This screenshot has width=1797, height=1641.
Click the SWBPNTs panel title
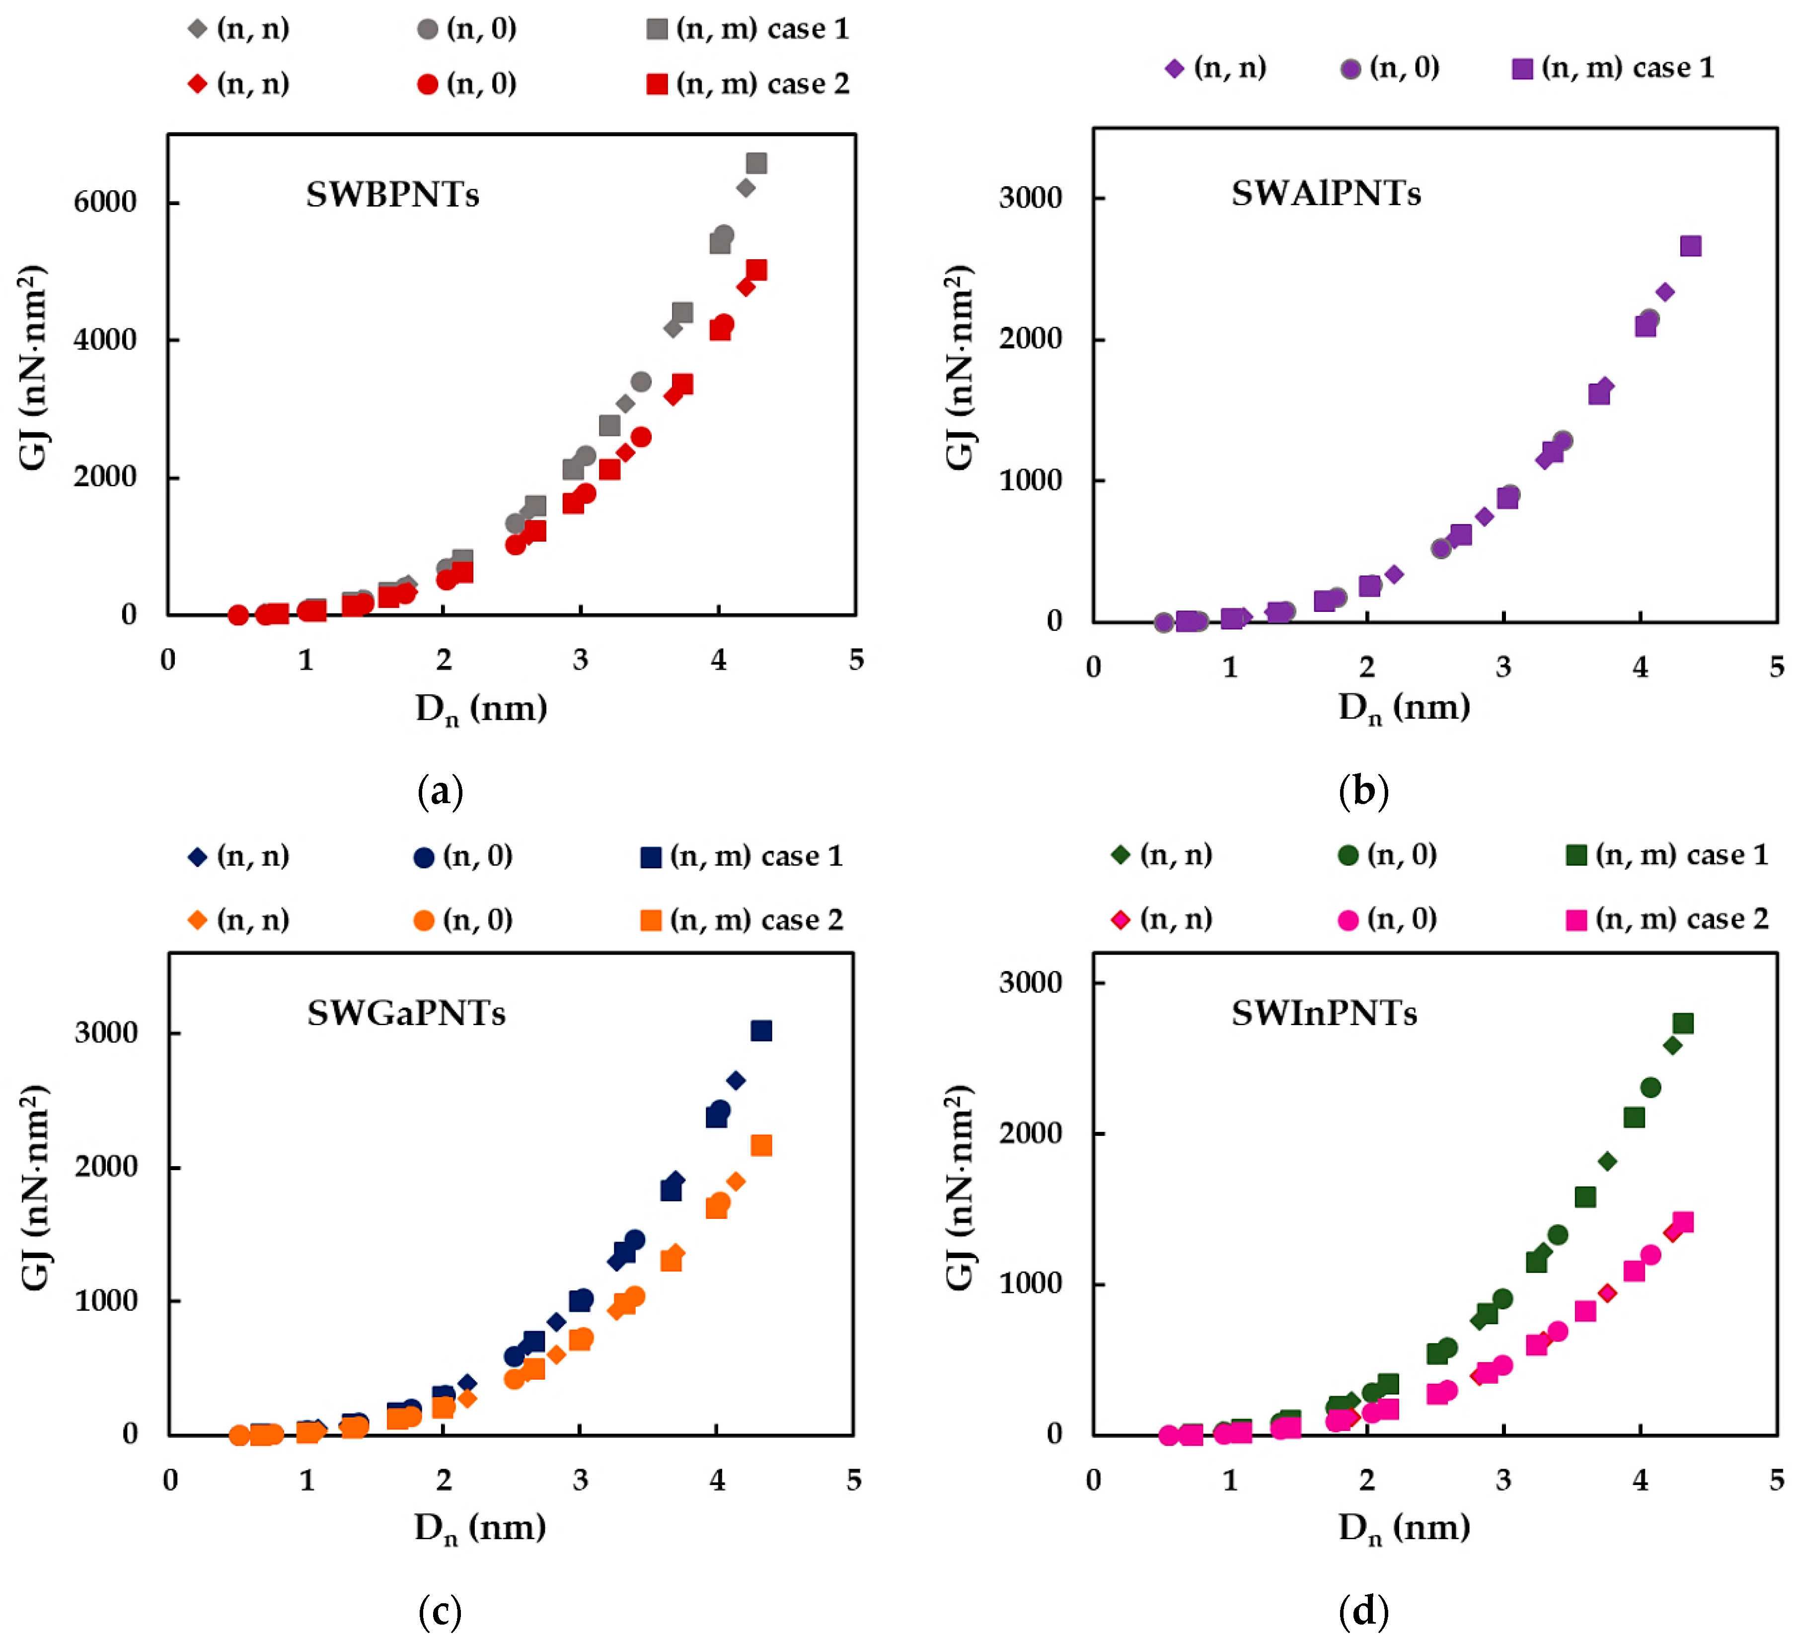tap(392, 194)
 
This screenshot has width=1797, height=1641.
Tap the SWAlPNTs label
tap(1326, 193)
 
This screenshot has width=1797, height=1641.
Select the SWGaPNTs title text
tap(406, 1014)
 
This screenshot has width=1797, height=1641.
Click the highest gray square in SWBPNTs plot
tap(757, 163)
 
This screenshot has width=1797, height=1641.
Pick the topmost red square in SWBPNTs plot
tap(757, 270)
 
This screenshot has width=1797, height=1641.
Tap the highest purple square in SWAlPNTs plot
tap(1691, 246)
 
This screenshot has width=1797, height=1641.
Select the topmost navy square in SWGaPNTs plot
tap(761, 1031)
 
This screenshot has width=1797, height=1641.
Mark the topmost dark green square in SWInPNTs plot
tap(1683, 1023)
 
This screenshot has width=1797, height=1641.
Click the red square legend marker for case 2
tap(657, 84)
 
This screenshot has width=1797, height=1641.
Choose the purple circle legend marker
tap(1350, 69)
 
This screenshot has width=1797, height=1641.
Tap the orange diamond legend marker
tap(198, 920)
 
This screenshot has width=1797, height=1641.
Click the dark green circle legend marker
tap(1348, 856)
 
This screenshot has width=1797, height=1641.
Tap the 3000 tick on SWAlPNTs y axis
tap(1031, 198)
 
